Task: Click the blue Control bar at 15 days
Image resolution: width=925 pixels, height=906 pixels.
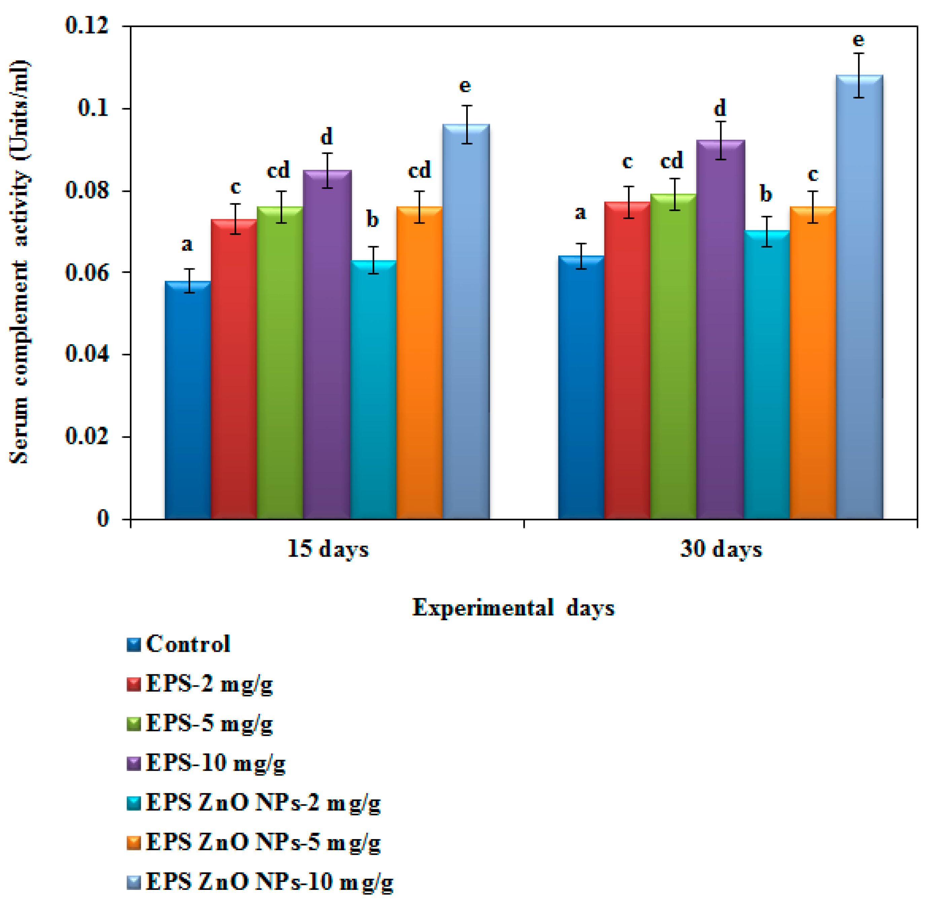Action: (188, 400)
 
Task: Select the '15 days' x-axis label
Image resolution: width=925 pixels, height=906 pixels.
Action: (328, 549)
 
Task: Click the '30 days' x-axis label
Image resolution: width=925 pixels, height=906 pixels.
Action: (721, 549)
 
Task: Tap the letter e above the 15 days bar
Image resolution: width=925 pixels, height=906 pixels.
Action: (465, 86)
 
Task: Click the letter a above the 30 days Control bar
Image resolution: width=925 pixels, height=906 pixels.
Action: (580, 213)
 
